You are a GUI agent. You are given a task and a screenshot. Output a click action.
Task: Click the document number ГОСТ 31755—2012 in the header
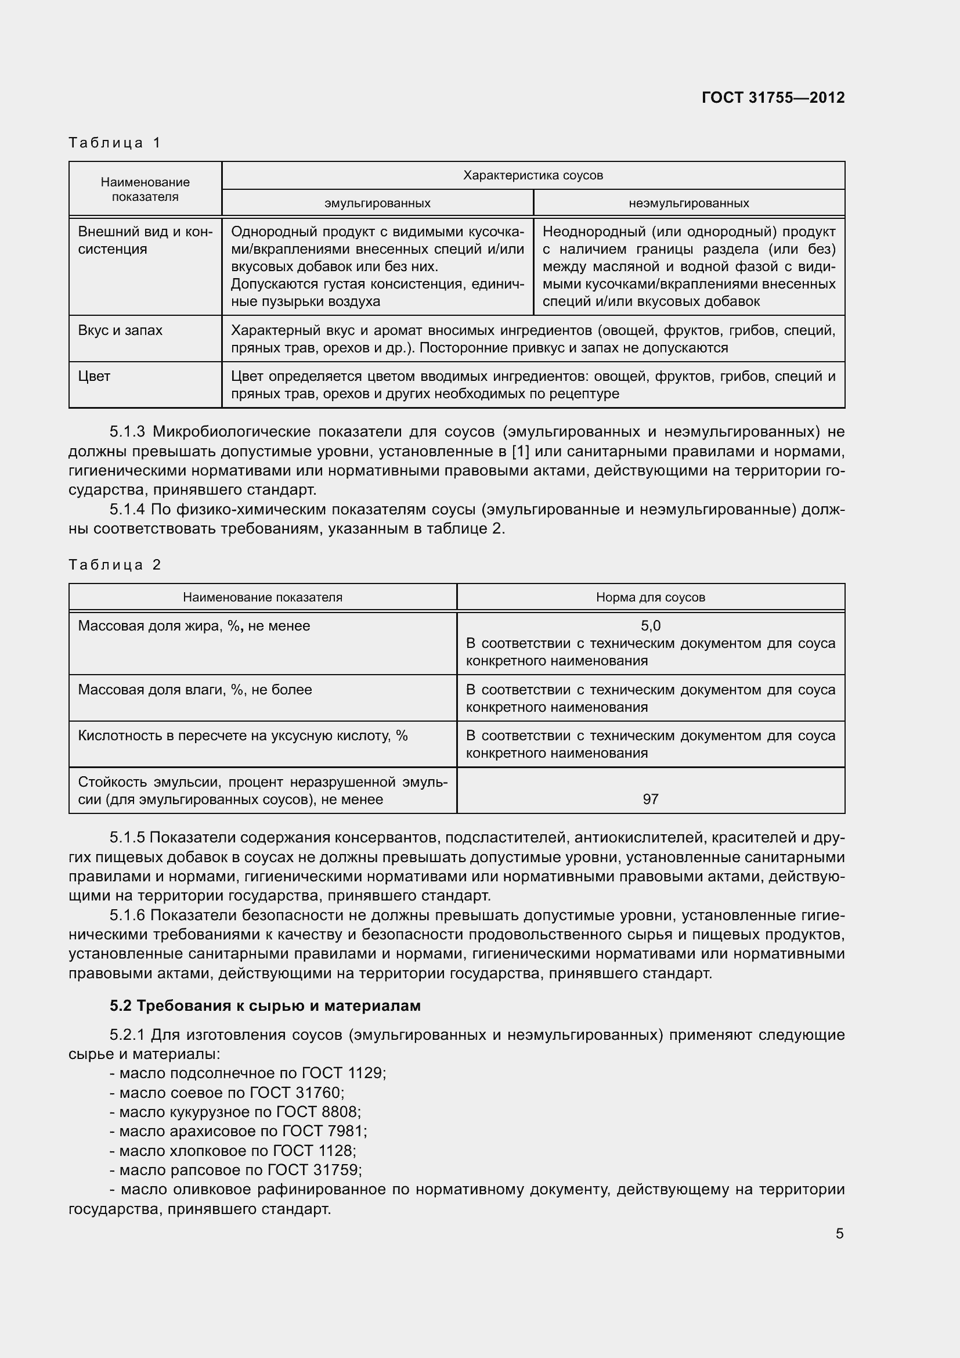tap(773, 98)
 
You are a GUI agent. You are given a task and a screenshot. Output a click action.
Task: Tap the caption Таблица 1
tap(115, 143)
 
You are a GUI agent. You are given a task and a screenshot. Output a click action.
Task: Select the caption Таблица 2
tap(115, 565)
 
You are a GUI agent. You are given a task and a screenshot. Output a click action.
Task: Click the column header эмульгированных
tap(377, 203)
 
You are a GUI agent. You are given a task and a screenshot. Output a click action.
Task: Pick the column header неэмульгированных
tap(689, 203)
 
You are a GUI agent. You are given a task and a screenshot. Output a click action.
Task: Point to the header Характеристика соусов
tap(533, 175)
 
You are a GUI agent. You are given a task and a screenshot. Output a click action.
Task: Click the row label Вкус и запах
tap(120, 330)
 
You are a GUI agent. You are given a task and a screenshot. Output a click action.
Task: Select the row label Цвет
tap(95, 377)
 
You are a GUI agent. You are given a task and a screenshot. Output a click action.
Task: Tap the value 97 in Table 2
tap(650, 799)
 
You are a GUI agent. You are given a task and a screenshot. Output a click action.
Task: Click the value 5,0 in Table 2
tap(650, 626)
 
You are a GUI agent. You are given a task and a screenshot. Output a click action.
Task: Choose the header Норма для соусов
tap(650, 597)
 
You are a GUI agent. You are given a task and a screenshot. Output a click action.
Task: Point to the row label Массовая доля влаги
tap(194, 690)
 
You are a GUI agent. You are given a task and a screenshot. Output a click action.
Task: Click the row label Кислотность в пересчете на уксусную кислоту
tap(243, 736)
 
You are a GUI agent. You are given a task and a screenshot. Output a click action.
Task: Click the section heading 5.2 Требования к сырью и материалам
tap(265, 1006)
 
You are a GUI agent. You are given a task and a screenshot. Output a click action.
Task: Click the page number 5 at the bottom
tap(839, 1234)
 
